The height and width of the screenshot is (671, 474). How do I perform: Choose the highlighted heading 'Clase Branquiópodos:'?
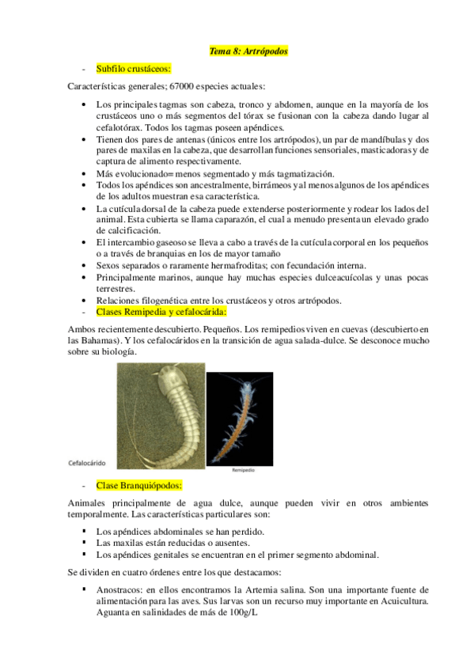coord(139,483)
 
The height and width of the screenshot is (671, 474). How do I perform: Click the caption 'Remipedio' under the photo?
coord(244,468)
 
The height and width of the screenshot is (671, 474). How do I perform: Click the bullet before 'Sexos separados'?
coord(84,266)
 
